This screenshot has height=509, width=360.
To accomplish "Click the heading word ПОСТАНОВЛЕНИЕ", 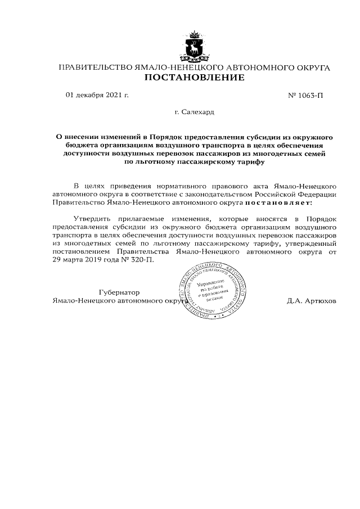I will click(x=195, y=78).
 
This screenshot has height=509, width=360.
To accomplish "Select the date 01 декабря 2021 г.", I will click(x=97, y=95).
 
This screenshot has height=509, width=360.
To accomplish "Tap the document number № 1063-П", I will click(x=306, y=96).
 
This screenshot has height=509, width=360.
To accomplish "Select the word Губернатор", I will click(x=119, y=292).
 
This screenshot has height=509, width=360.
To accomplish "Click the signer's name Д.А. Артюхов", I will click(x=312, y=301).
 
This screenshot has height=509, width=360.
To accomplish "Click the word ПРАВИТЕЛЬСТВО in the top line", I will click(x=96, y=67).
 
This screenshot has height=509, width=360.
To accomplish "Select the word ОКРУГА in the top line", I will click(x=310, y=67).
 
